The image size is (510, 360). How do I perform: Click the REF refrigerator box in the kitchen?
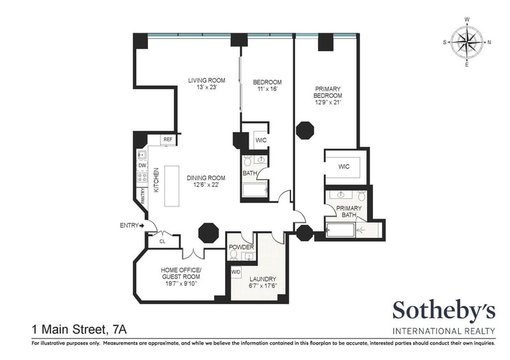(168, 140)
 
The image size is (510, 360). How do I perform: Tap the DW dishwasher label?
(142, 166)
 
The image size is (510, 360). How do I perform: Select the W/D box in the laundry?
(236, 272)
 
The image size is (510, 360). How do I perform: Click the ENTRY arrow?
(142, 226)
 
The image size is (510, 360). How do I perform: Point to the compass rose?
(467, 42)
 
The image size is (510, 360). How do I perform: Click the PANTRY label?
(142, 196)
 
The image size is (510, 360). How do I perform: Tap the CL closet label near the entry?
(163, 241)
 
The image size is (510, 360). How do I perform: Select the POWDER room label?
(242, 247)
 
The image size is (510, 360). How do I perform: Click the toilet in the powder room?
(233, 256)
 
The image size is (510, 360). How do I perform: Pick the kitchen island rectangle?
(171, 186)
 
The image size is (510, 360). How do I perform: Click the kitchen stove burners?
(142, 177)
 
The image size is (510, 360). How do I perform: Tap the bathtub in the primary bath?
(340, 231)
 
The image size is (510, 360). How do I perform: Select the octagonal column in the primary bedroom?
(305, 131)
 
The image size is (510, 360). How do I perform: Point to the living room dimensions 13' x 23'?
(207, 87)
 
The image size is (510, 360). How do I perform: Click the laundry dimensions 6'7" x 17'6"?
(263, 286)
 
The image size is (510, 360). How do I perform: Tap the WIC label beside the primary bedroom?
(344, 167)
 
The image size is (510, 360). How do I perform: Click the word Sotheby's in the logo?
(444, 310)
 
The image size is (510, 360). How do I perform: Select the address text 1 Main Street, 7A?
(79, 330)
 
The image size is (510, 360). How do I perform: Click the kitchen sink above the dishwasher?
(142, 155)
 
